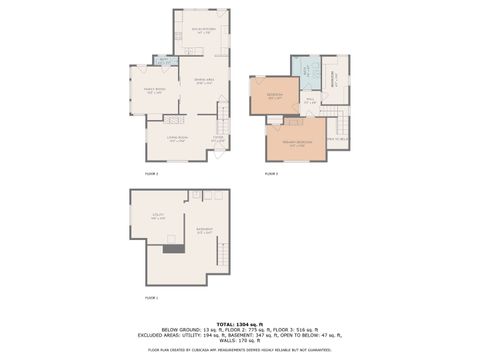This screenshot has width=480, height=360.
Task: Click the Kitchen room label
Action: [202, 30]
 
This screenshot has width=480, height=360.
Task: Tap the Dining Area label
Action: [203, 83]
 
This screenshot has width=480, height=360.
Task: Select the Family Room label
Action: [152, 91]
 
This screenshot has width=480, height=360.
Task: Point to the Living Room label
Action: [178, 139]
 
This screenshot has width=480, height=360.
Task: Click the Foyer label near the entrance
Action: [217, 139]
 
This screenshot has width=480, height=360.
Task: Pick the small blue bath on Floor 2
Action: [162, 60]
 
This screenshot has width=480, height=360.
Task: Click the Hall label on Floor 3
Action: [310, 100]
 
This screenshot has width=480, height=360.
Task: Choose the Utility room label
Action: [158, 215]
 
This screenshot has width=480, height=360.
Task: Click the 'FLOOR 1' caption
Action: [152, 298]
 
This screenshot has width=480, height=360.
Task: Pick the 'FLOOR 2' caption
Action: [152, 173]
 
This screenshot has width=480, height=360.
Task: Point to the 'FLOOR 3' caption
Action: [271, 173]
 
